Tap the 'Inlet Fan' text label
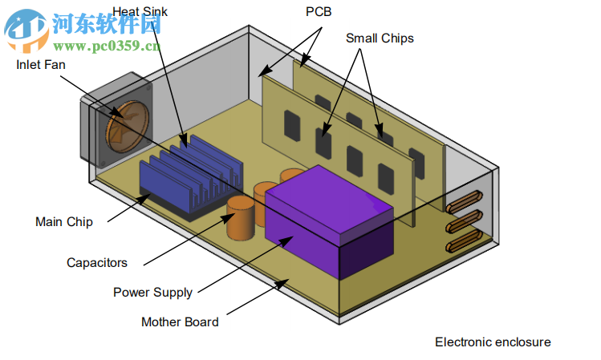click(41, 65)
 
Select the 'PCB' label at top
click(318, 12)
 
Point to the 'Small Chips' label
click(380, 38)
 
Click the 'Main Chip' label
click(63, 222)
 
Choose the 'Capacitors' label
click(96, 262)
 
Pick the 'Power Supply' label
click(152, 293)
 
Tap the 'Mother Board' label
click(180, 322)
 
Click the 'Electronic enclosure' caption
click(493, 342)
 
